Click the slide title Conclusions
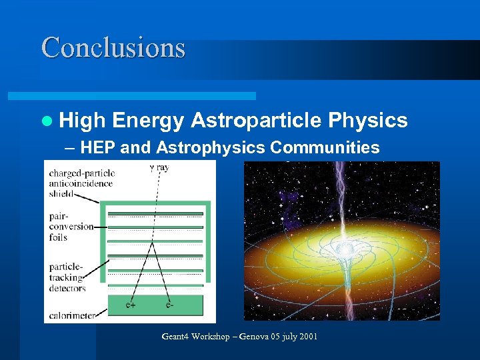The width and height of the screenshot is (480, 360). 113,48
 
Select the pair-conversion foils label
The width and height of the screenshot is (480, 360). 71,226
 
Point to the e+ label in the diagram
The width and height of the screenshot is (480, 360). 132,306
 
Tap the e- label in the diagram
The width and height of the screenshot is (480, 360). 171,306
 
